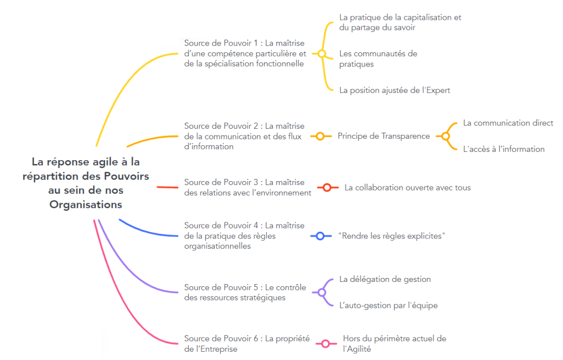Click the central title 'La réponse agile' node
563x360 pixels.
(86, 183)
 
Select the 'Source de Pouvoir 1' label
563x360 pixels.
(245, 53)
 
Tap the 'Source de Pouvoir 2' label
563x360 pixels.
(244, 136)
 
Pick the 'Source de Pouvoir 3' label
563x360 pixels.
(247, 187)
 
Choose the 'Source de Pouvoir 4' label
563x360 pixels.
(244, 236)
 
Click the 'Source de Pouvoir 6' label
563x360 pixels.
(247, 343)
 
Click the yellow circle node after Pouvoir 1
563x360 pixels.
(322, 53)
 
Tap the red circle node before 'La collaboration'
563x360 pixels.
(327, 188)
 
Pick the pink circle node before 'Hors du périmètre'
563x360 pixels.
(326, 343)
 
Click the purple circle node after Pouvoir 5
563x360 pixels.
(322, 292)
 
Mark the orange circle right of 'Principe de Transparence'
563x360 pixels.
(445, 136)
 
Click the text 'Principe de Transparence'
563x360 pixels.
(384, 136)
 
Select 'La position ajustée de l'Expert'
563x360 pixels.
(395, 90)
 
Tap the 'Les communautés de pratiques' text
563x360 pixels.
(378, 58)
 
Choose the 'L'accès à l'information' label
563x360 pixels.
(504, 149)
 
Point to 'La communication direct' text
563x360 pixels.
(508, 123)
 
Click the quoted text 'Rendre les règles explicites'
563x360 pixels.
(391, 236)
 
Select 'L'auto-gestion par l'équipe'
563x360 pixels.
(388, 305)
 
